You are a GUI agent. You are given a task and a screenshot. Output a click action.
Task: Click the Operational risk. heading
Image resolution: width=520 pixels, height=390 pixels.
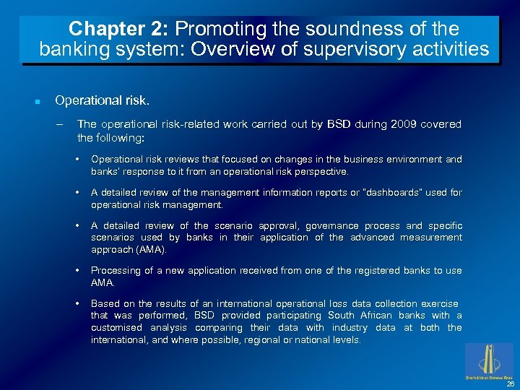coord(102,100)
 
